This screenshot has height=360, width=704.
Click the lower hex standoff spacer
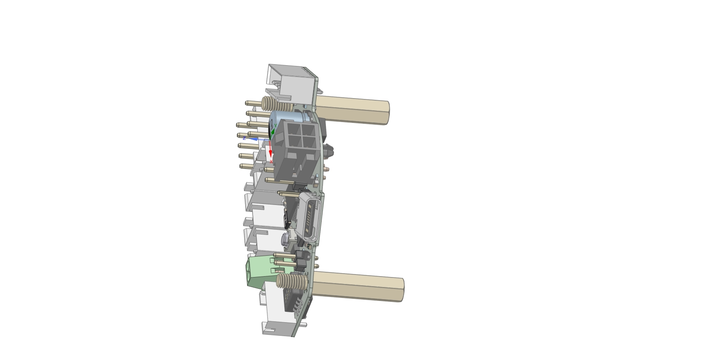[x=358, y=286]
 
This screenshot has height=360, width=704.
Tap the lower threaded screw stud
[x=291, y=281]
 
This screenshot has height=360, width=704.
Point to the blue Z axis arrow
[x=257, y=139]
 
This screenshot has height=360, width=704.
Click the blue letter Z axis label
[x=244, y=138]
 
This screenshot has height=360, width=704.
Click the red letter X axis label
[x=271, y=162]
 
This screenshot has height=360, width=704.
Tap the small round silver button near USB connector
[x=285, y=239]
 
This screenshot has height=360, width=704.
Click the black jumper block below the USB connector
[x=301, y=260]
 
